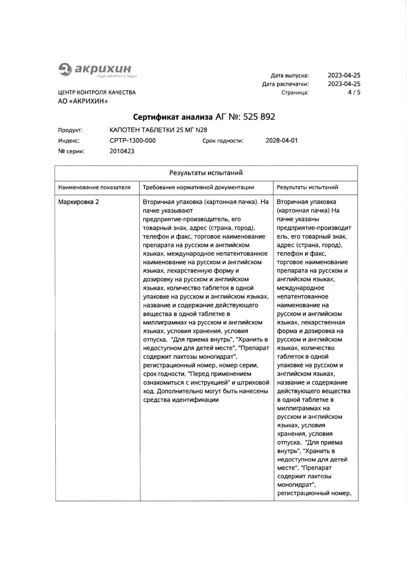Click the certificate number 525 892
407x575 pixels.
(259, 117)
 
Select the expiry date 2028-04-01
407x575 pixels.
(282, 141)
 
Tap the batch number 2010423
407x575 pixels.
(122, 151)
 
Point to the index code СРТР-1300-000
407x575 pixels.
(133, 141)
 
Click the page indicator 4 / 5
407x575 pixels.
(354, 92)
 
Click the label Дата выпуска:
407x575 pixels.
(290, 75)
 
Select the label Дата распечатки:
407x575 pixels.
(285, 84)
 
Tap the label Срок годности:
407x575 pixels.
(223, 141)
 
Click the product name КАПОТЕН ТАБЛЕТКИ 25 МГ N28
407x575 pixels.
(158, 130)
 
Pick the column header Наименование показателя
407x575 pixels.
(94, 187)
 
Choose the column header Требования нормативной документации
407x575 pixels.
(198, 187)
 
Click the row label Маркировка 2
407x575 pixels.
(79, 202)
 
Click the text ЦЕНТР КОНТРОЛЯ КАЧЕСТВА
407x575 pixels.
(97, 93)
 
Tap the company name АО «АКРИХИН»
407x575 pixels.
(83, 101)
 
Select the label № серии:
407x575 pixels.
(71, 151)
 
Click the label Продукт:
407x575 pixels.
(70, 130)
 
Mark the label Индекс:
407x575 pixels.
(69, 141)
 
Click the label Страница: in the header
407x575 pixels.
(295, 93)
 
